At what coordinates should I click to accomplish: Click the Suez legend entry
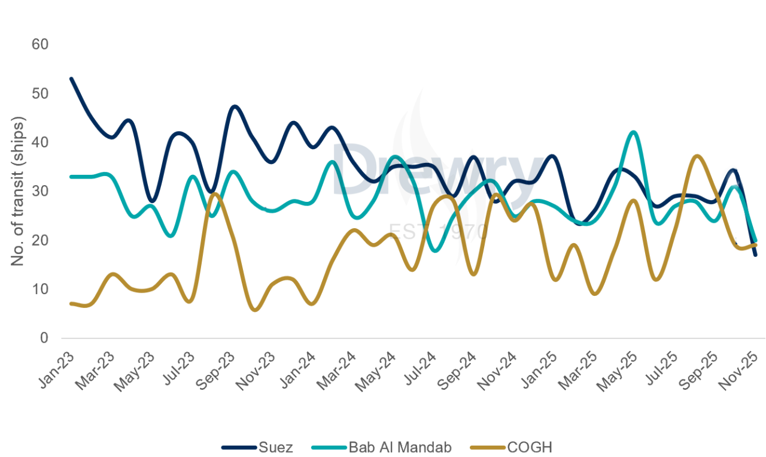coord(257,447)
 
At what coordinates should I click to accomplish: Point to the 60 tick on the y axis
coord(41,45)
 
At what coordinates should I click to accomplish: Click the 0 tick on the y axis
coord(44,338)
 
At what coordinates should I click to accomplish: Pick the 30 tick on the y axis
coord(41,192)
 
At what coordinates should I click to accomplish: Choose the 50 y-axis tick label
coord(41,94)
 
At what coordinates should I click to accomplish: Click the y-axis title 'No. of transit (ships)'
coord(18,192)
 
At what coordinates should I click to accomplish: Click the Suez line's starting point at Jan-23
coord(71,78)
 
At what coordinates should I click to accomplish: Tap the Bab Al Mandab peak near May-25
coord(633,132)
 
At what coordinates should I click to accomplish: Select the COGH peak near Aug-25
coord(697,156)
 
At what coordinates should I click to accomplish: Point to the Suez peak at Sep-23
coord(234,107)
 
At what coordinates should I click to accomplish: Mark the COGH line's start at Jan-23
coord(71,304)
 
